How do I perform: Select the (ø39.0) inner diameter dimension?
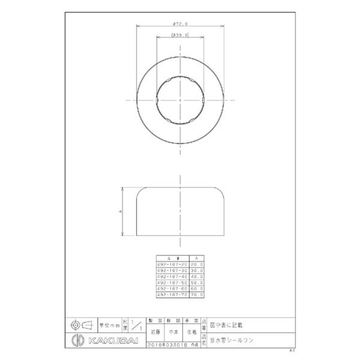click(x=180, y=35)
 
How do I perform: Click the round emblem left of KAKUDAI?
click(x=76, y=340)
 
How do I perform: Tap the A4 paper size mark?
click(x=292, y=349)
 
